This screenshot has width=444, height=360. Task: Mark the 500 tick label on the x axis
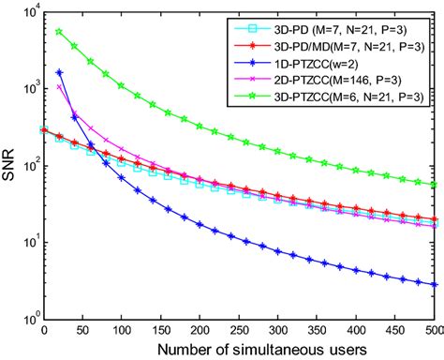[x=432, y=330]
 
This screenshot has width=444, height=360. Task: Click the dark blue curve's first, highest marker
[x=59, y=72]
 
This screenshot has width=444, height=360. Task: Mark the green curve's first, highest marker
[x=59, y=32]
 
